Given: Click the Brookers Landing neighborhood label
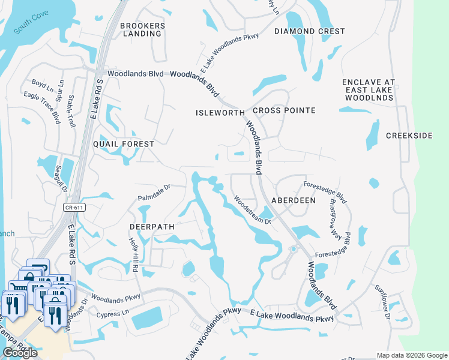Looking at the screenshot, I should pos(142,29).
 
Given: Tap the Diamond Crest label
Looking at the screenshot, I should pos(310,31).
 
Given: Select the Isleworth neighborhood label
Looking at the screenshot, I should pos(220,113).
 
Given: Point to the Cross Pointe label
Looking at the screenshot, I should pos(284,111).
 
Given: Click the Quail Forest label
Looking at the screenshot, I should pos(124,144).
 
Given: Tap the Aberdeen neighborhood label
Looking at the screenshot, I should pos(294,200).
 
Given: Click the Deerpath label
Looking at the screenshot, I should pos(152,227).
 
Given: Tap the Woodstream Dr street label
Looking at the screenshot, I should pos(252,210).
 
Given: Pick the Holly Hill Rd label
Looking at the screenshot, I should pos(133,254).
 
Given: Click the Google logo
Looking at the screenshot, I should pos(20,353).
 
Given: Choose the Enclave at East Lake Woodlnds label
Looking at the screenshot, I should pos(367,90).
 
